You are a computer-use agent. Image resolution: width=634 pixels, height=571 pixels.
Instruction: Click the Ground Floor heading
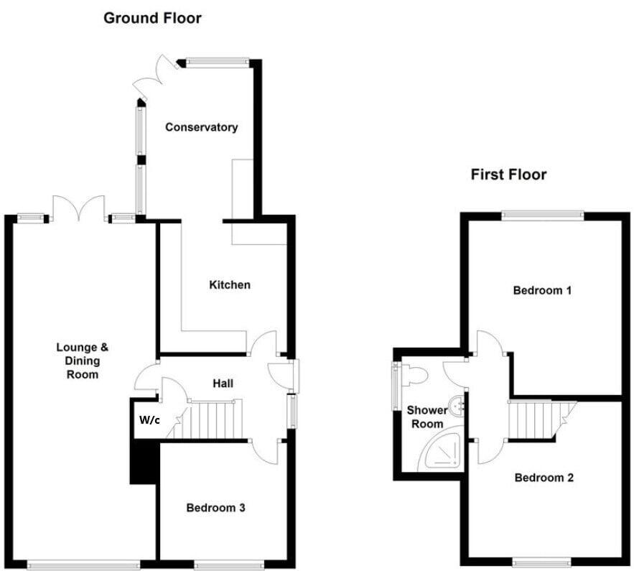tap(152, 18)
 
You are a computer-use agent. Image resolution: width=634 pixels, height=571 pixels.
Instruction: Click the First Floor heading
tap(508, 175)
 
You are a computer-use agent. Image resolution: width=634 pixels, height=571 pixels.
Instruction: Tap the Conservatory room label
tap(201, 127)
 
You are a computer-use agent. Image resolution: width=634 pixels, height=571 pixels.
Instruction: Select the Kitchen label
tap(230, 285)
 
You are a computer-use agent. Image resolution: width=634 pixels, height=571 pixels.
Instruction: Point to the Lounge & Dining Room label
tap(83, 361)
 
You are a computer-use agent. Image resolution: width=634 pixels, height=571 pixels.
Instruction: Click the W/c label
tap(149, 419)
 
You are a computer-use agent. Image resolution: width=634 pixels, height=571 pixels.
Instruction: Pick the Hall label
tap(223, 384)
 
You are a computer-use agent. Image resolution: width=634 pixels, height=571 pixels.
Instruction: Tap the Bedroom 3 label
tap(216, 508)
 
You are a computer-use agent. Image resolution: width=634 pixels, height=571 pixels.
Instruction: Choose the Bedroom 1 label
tap(542, 291)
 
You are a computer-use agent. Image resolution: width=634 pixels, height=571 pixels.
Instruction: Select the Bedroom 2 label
tap(544, 478)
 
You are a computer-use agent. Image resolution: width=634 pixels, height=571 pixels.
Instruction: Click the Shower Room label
tap(426, 417)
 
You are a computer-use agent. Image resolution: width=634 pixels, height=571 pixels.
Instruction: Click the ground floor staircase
tap(215, 419)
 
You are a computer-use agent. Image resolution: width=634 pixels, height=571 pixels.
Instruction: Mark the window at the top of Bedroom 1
tap(542, 213)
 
